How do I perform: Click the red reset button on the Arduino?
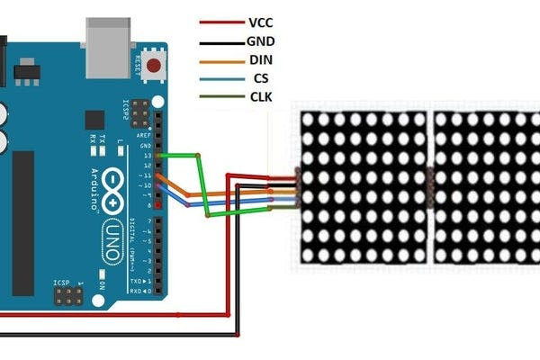click(x=154, y=65)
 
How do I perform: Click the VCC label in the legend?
click(x=259, y=22)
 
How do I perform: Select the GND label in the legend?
click(x=260, y=40)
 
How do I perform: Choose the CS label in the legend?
click(x=261, y=78)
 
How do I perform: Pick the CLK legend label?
click(x=260, y=97)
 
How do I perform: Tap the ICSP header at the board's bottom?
click(x=67, y=295)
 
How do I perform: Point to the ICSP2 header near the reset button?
click(x=139, y=112)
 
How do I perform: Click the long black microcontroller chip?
click(x=23, y=222)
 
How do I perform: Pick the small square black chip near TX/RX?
click(x=94, y=120)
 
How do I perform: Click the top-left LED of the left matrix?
click(x=309, y=119)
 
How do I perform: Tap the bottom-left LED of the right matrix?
click(x=441, y=255)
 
